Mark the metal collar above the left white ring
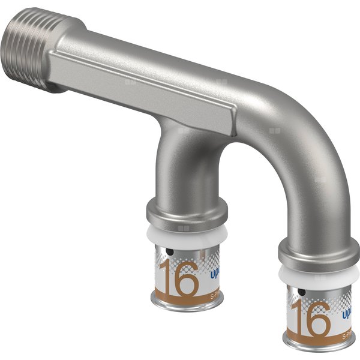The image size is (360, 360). coord(187,211)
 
